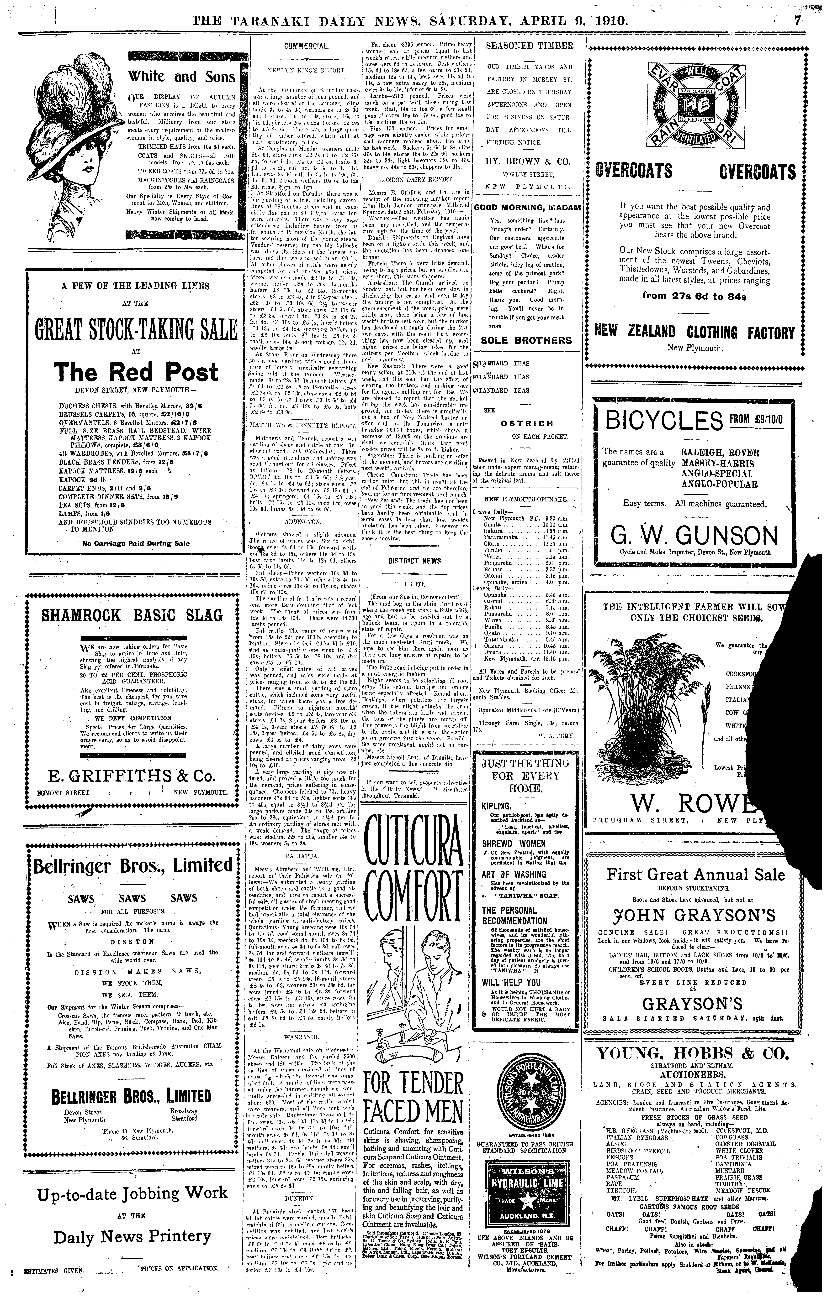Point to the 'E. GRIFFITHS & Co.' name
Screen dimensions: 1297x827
132,776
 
